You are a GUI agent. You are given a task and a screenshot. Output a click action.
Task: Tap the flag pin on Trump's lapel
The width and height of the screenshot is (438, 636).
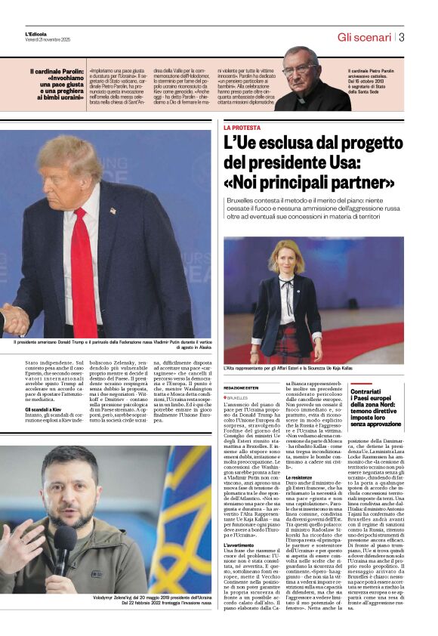(x=113, y=211)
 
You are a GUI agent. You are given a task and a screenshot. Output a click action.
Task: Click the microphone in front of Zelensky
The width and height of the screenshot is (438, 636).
(x=63, y=540)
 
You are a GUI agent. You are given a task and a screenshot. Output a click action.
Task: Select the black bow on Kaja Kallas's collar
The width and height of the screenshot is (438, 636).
(x=285, y=288)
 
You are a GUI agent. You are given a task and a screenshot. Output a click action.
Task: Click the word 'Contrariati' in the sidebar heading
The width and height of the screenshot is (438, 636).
(x=370, y=392)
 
